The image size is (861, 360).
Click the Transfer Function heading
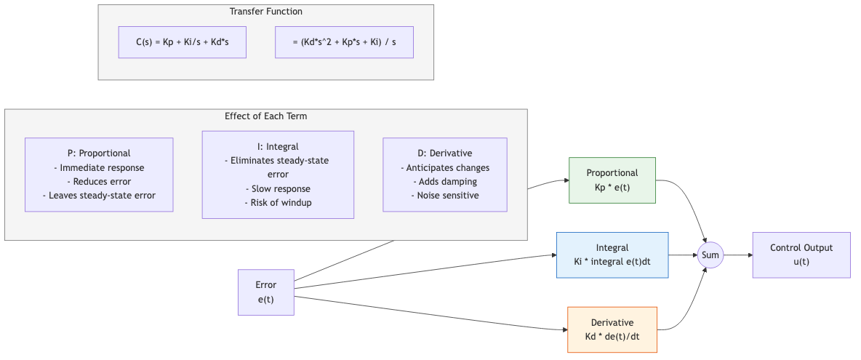pyautogui.click(x=265, y=12)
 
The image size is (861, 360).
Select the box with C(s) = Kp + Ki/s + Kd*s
pyautogui.click(x=183, y=42)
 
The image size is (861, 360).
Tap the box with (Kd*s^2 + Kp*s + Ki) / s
pyautogui.click(x=344, y=42)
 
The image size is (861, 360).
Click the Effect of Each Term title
pyautogui.click(x=265, y=116)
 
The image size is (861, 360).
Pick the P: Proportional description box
pyautogui.click(x=99, y=175)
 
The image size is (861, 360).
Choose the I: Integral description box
pyautogui.click(x=278, y=175)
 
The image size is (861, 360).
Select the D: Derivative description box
pyautogui.click(x=445, y=175)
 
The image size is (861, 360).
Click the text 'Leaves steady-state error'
pyautogui.click(x=99, y=196)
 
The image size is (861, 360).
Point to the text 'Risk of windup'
pyautogui.click(x=278, y=202)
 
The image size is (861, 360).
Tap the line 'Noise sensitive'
pyautogui.click(x=445, y=196)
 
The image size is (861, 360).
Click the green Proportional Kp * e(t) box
pyautogui.click(x=612, y=180)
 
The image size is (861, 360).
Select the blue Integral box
pyautogui.click(x=612, y=255)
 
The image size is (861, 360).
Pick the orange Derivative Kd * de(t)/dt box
pyautogui.click(x=612, y=329)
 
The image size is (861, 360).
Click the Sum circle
pyautogui.click(x=710, y=255)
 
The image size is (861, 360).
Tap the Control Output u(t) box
pyautogui.click(x=801, y=255)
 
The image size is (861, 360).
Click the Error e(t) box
pyautogui.click(x=265, y=292)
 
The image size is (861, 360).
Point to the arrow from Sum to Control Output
pyautogui.click(x=737, y=255)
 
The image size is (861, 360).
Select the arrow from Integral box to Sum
pyautogui.click(x=682, y=255)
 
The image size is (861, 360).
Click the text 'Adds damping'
pyautogui.click(x=445, y=182)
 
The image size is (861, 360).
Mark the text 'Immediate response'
pyautogui.click(x=99, y=168)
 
